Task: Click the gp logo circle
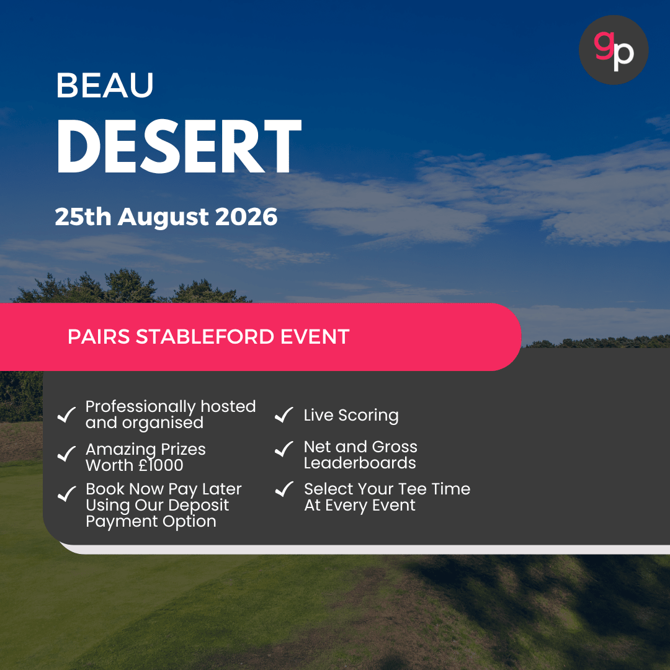[x=613, y=50]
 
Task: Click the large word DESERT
[x=179, y=146]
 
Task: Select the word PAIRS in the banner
[x=99, y=337]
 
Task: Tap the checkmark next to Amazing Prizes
[x=66, y=455]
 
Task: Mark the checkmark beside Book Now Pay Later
[x=66, y=494]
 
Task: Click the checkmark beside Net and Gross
[x=284, y=449]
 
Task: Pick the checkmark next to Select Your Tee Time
[x=284, y=489]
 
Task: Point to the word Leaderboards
[x=360, y=463]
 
